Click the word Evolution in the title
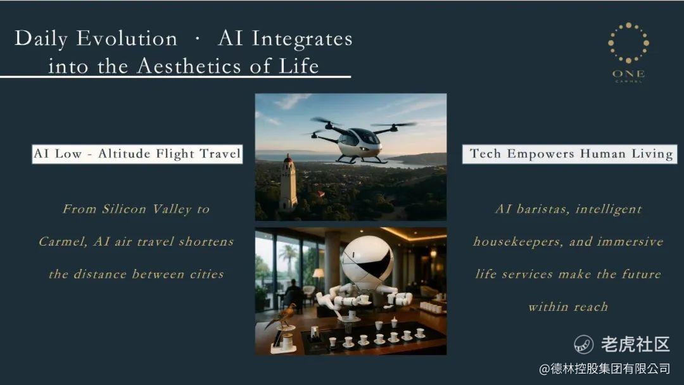click(127, 39)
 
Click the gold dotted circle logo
click(628, 42)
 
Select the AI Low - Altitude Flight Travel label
click(137, 154)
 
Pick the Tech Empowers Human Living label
click(570, 154)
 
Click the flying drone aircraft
click(360, 139)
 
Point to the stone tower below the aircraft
click(288, 182)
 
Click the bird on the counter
click(280, 317)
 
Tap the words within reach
click(568, 307)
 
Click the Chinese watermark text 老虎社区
click(635, 344)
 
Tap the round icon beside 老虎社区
click(584, 344)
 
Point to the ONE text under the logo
click(629, 73)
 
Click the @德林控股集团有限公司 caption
click(604, 369)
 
